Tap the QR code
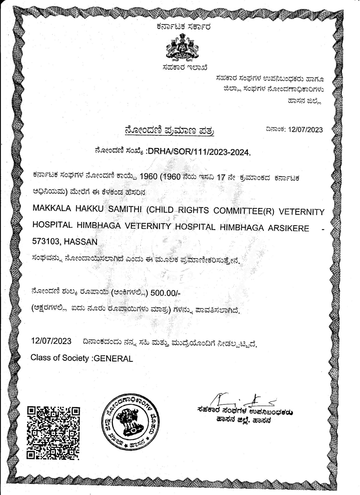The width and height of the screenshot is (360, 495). click(53, 433)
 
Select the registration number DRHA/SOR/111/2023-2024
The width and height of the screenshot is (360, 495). click(198, 152)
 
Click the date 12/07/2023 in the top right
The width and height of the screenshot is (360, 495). click(305, 130)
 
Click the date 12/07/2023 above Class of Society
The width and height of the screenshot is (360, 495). click(51, 341)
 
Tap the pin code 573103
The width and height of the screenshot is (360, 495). click(46, 242)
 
